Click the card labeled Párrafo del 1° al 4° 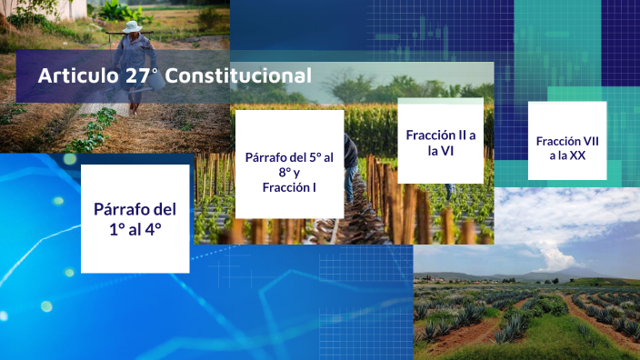coord(135,219)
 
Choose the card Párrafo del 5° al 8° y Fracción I coord(289,165)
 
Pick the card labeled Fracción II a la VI coord(440,141)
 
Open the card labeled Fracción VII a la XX coord(566,141)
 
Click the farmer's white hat coord(134,27)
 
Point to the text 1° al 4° coord(135,230)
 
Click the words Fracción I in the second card coord(289,188)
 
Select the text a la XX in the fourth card coord(566,156)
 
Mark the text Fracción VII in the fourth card coord(567,141)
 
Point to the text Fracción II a coord(441,135)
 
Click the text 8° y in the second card coord(289,173)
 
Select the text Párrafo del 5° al coord(289,157)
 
